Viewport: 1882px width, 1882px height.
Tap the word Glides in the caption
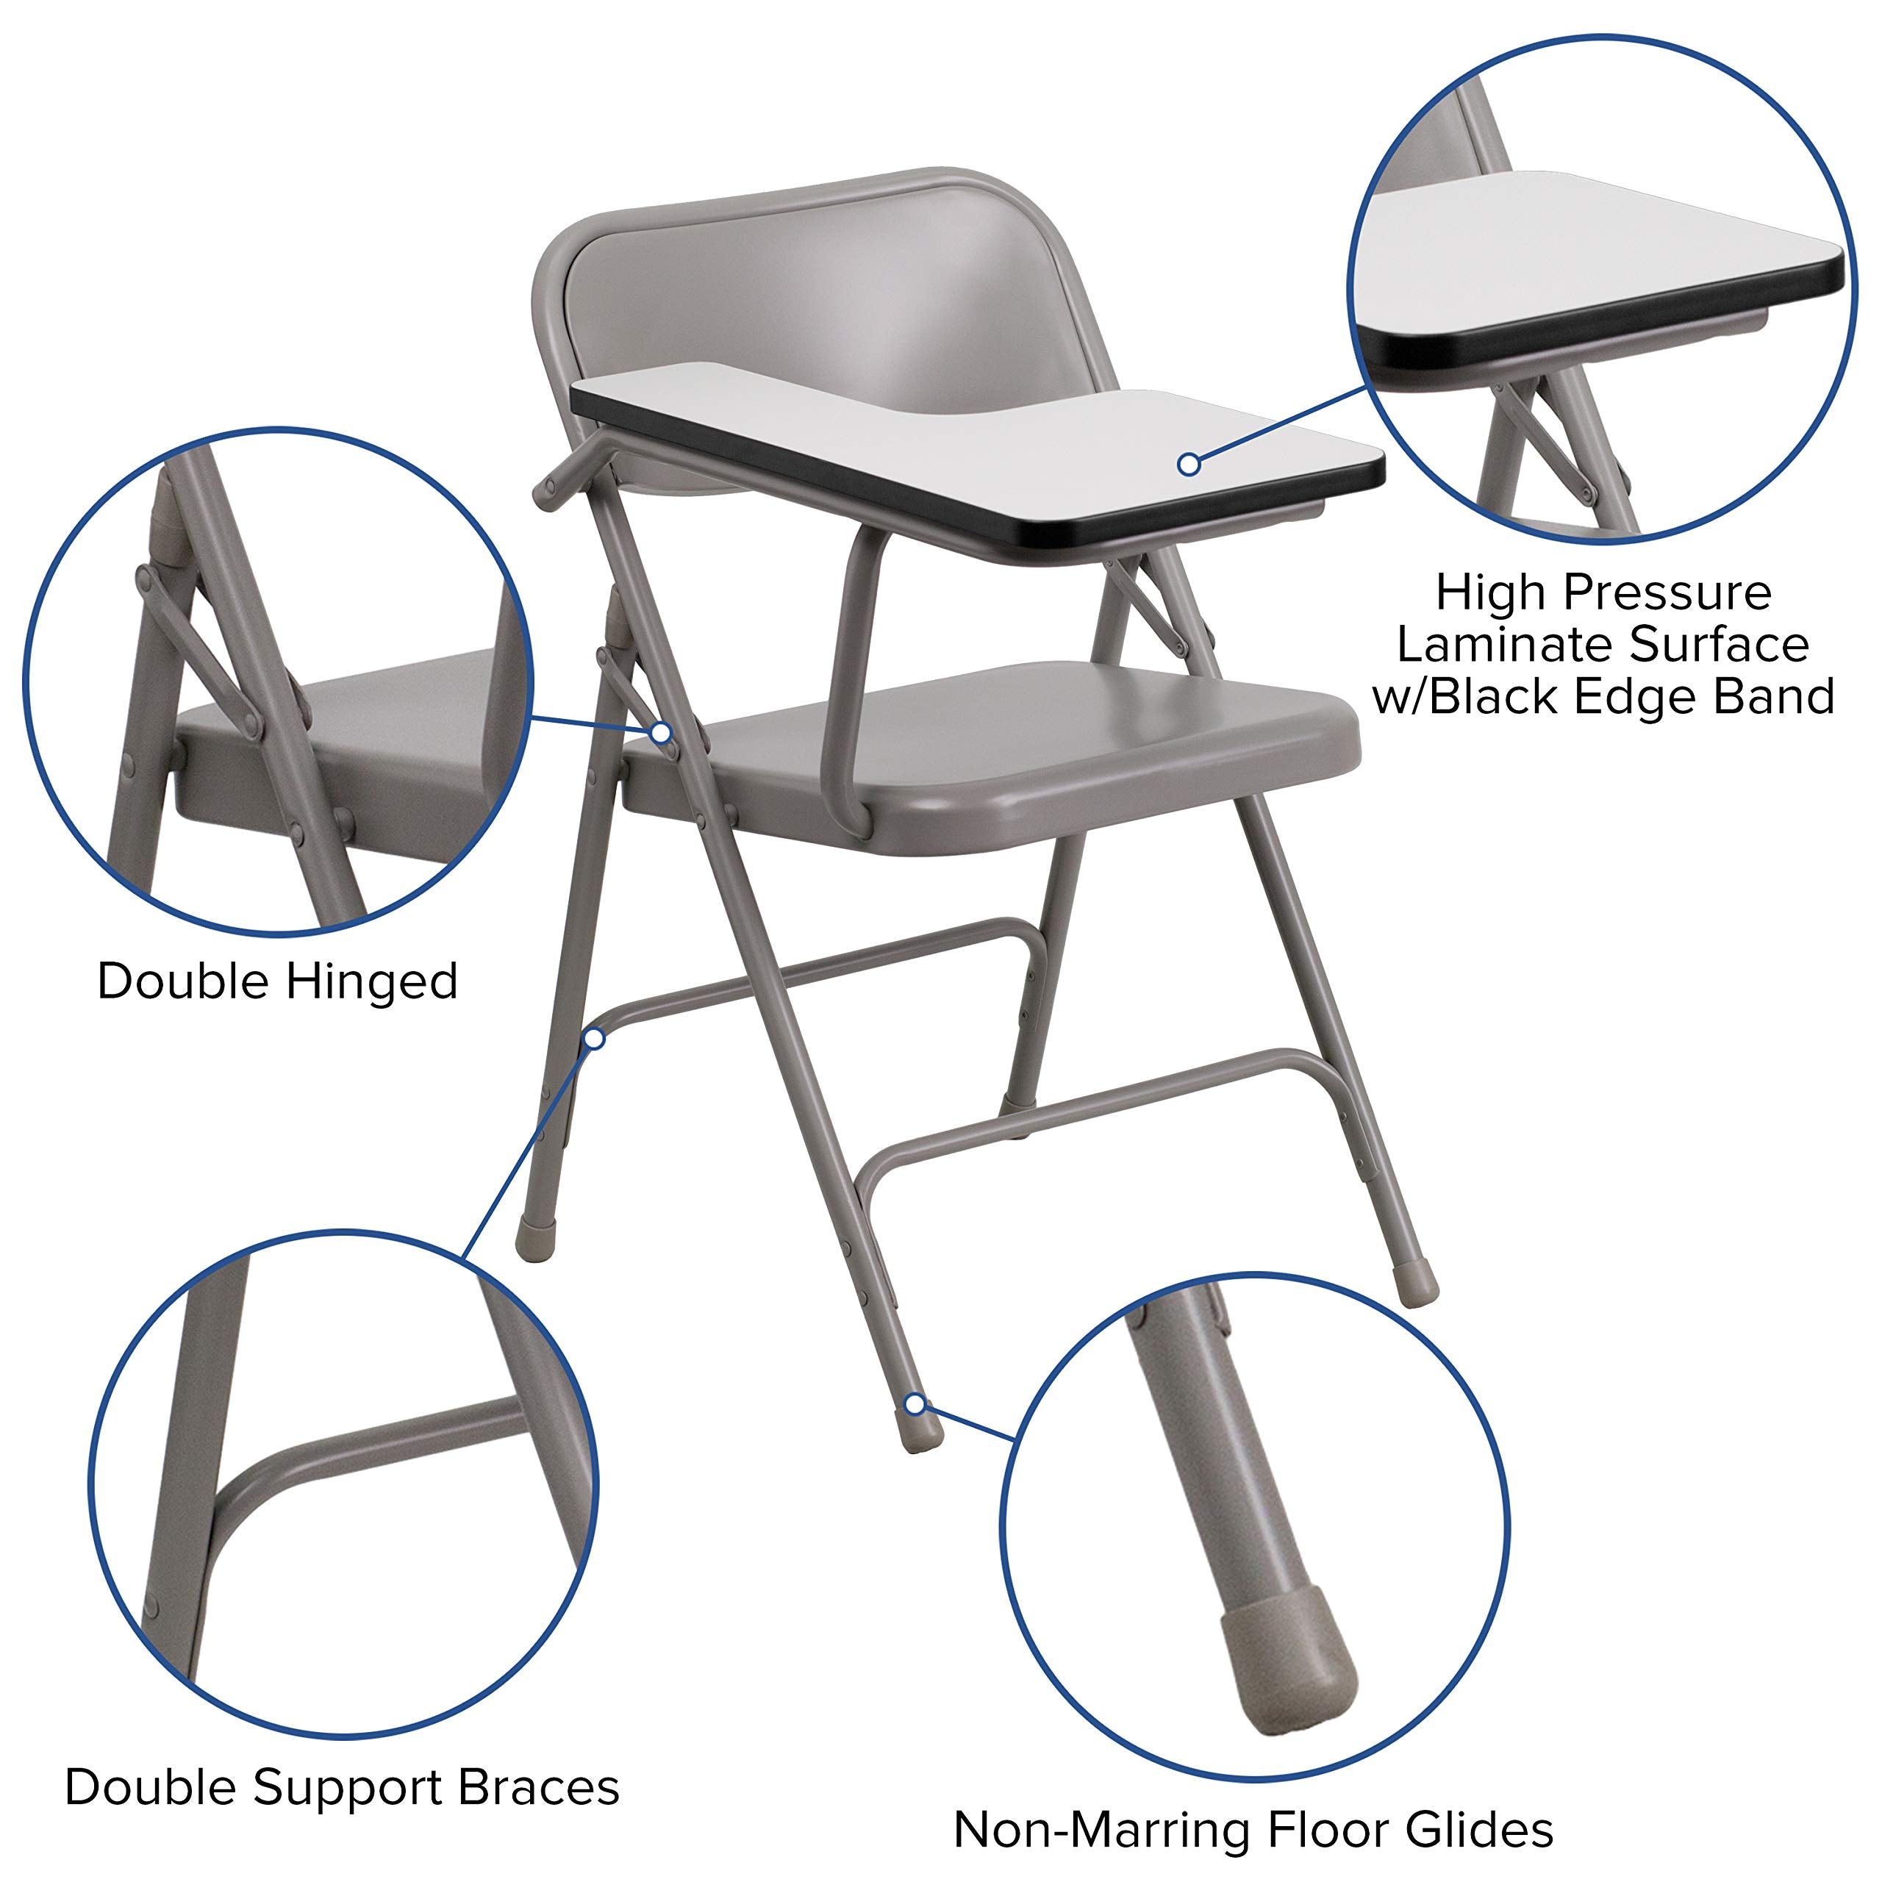[x=1480, y=1829]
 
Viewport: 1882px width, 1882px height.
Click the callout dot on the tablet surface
[x=1189, y=465]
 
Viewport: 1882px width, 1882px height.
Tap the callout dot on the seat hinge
[x=662, y=732]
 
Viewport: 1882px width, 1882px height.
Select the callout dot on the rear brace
[x=595, y=1040]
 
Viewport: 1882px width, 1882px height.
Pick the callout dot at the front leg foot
[x=914, y=1403]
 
